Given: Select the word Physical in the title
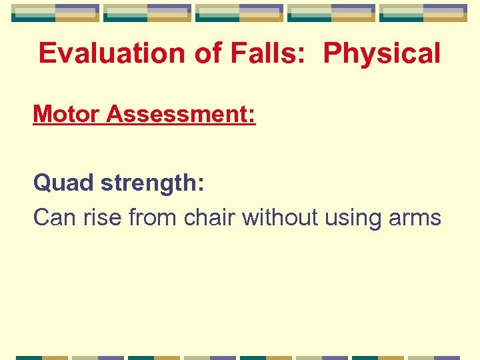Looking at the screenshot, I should (x=381, y=53).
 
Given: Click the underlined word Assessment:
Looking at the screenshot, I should (x=181, y=114).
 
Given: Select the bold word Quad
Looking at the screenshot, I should (x=64, y=183).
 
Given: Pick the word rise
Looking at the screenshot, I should (x=103, y=217).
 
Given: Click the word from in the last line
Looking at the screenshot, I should (x=155, y=217).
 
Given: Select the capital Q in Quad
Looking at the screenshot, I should (x=43, y=183).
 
